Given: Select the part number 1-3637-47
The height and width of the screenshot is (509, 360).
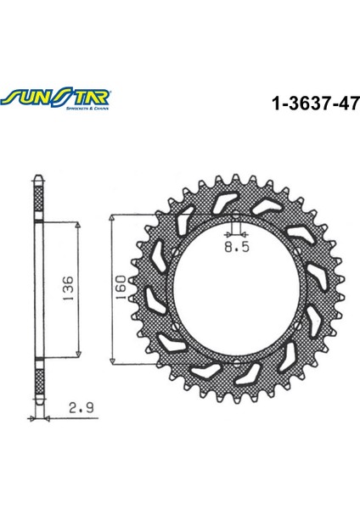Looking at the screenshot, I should (x=314, y=104).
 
